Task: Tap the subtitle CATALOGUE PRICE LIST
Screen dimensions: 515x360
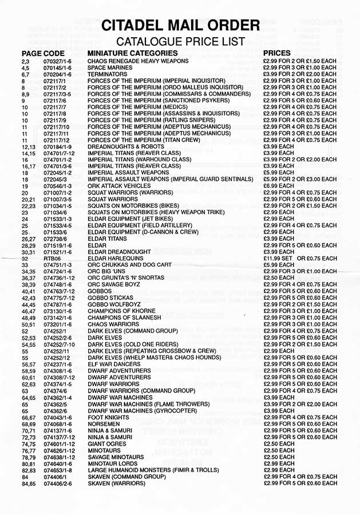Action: coord(180,42)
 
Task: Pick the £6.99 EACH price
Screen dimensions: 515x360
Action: coord(278,186)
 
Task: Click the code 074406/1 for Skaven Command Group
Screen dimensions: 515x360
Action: coord(54,476)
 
